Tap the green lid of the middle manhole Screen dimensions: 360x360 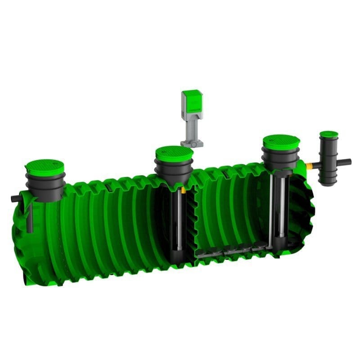tap(174, 153)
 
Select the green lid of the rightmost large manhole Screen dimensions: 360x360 tap(281, 142)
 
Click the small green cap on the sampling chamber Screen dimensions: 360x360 tap(329, 134)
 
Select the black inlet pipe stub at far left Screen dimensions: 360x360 tap(14, 198)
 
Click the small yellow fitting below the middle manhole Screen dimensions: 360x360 tap(183, 191)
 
